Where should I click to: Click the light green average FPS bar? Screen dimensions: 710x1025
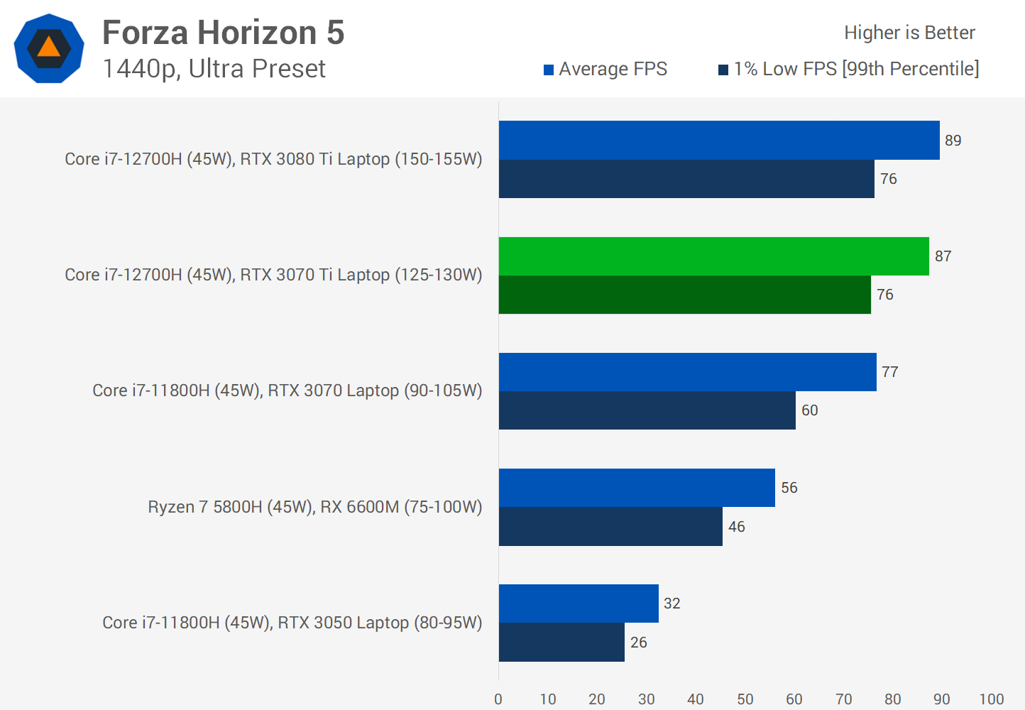click(x=713, y=256)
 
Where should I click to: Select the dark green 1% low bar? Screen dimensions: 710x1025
click(x=684, y=295)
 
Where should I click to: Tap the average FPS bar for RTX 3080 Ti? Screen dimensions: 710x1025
click(x=719, y=141)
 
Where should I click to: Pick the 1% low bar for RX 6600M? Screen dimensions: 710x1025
click(x=610, y=527)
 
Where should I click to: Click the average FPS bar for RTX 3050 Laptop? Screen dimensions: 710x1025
click(x=579, y=603)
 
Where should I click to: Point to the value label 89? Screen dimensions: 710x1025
click(x=953, y=141)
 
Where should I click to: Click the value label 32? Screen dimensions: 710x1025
click(x=672, y=603)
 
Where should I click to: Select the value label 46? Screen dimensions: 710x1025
click(x=737, y=527)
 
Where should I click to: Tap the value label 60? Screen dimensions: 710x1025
click(x=809, y=410)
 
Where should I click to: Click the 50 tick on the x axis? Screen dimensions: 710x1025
click(x=745, y=699)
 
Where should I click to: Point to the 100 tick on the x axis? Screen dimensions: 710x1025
click(x=991, y=699)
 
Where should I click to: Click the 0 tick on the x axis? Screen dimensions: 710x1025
click(x=498, y=699)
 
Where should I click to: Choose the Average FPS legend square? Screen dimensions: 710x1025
click(x=549, y=70)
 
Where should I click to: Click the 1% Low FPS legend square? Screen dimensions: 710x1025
click(x=723, y=70)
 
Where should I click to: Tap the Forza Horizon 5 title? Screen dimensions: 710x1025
click(x=223, y=33)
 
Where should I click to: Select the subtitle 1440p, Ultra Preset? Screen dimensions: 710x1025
click(x=214, y=69)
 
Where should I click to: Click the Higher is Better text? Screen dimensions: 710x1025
click(x=909, y=33)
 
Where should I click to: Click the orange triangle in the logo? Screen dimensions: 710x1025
click(x=49, y=48)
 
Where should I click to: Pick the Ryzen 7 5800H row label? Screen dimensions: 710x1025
click(x=314, y=507)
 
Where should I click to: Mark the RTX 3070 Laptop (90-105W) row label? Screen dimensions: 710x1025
click(x=287, y=390)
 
